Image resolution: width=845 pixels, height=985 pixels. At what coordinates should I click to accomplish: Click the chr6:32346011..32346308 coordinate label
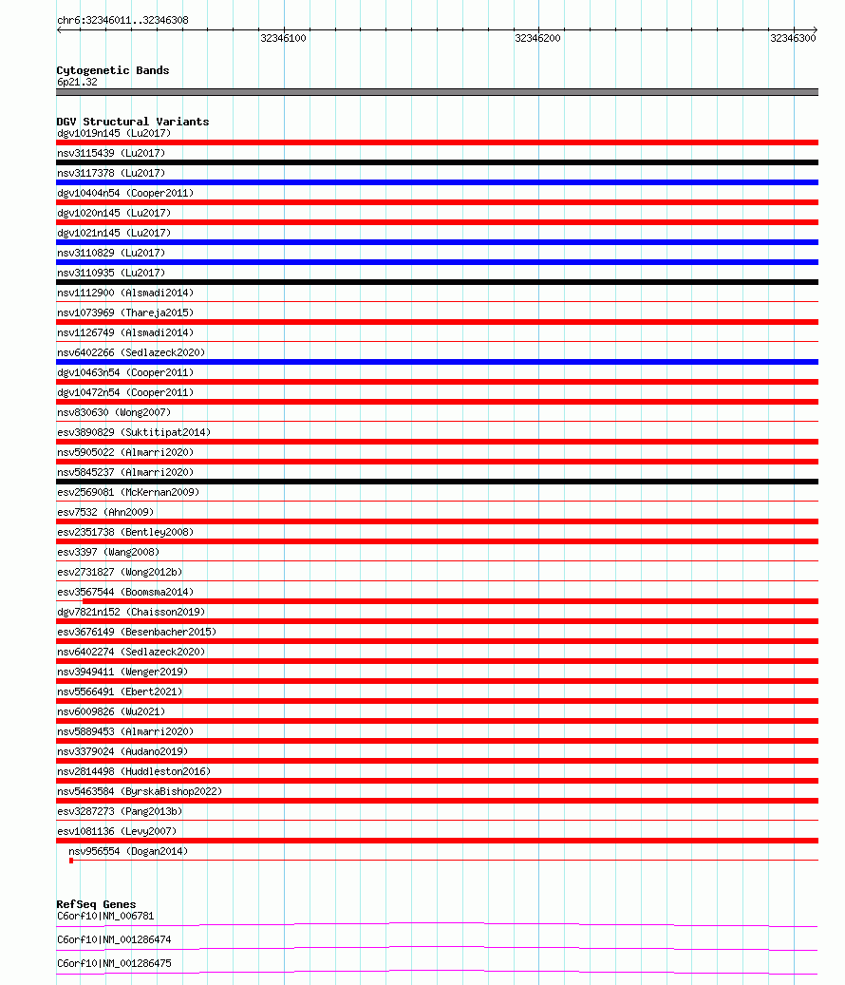pyautogui.click(x=122, y=20)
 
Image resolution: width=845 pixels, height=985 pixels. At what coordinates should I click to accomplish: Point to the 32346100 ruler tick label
pyautogui.click(x=283, y=38)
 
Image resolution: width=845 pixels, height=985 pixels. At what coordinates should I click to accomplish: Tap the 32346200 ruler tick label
pyautogui.click(x=537, y=38)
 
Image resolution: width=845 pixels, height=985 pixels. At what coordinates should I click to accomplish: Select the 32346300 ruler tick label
pyautogui.click(x=793, y=38)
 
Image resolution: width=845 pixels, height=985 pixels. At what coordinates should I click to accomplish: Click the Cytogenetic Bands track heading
pyautogui.click(x=112, y=70)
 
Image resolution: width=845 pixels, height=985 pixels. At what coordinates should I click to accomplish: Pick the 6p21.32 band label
pyautogui.click(x=77, y=82)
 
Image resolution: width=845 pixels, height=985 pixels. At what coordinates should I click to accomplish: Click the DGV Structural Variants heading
pyautogui.click(x=132, y=122)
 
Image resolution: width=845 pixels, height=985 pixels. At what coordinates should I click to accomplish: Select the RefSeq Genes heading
pyautogui.click(x=96, y=904)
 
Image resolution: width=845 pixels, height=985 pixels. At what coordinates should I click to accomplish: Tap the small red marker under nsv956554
pyautogui.click(x=71, y=861)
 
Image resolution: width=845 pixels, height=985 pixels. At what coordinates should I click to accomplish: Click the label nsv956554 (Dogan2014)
pyautogui.click(x=128, y=851)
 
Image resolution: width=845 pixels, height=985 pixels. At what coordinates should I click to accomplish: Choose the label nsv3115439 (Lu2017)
pyautogui.click(x=111, y=153)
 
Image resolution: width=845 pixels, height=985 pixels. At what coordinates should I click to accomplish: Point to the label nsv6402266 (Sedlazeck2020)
pyautogui.click(x=131, y=352)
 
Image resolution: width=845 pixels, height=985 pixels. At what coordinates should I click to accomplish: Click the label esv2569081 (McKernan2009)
pyautogui.click(x=128, y=492)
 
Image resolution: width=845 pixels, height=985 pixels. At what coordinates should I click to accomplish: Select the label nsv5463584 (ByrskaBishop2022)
pyautogui.click(x=140, y=791)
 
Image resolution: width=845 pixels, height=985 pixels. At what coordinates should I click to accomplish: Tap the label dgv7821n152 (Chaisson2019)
pyautogui.click(x=131, y=612)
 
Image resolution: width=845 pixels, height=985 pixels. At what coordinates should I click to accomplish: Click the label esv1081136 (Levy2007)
pyautogui.click(x=117, y=831)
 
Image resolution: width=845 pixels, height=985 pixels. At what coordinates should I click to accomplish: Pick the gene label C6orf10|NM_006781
pyautogui.click(x=105, y=916)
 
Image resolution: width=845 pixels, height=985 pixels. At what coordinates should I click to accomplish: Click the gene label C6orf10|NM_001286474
pyautogui.click(x=114, y=939)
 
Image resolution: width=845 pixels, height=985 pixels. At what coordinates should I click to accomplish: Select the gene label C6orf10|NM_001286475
pyautogui.click(x=114, y=963)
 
